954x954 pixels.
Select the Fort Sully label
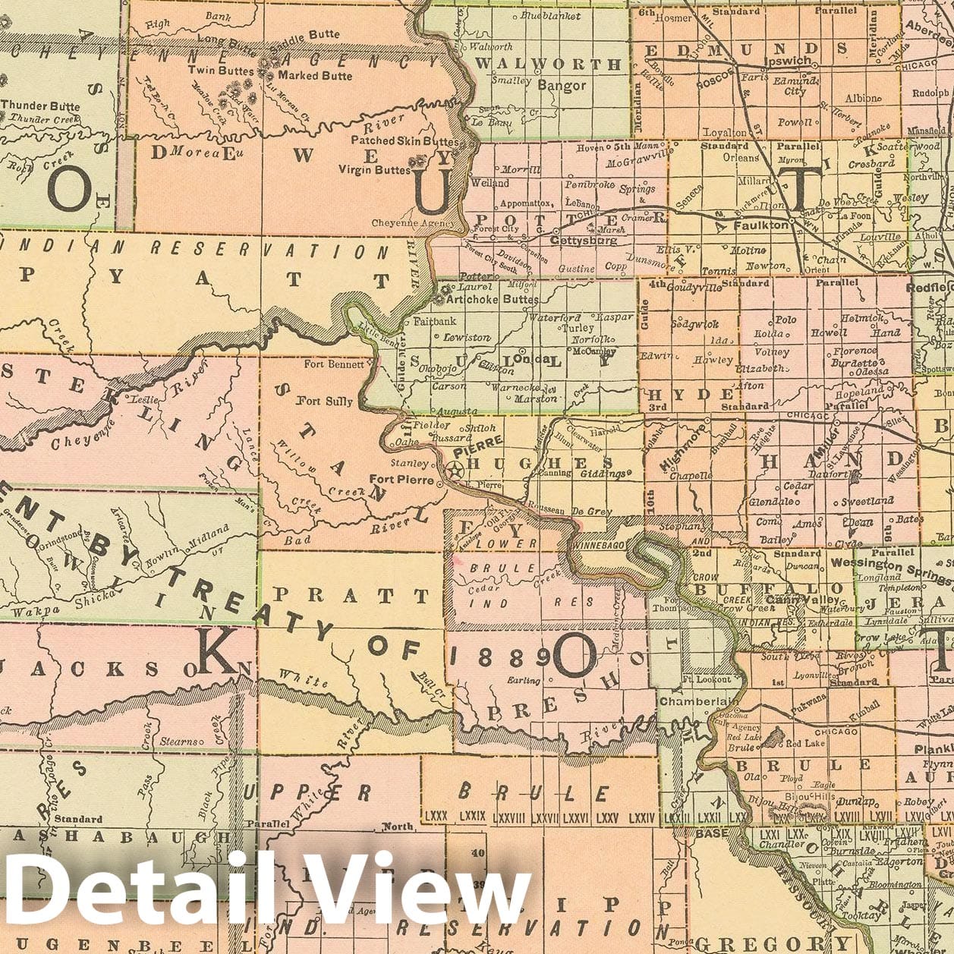tap(324, 401)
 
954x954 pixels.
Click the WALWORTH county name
tap(547, 65)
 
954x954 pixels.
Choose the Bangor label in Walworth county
tap(562, 86)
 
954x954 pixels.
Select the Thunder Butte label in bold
tap(40, 105)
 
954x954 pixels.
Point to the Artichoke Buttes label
tap(493, 299)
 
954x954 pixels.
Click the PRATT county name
tap(351, 596)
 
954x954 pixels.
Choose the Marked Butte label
tap(314, 75)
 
